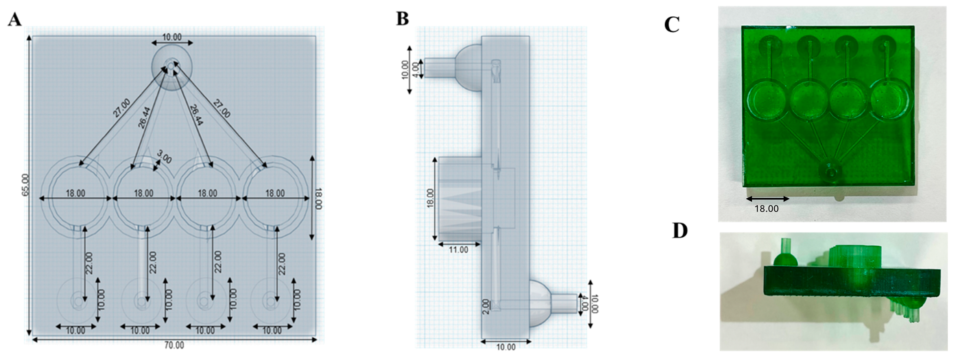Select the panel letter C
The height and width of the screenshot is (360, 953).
[672, 25]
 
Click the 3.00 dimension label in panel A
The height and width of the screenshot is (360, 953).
[164, 157]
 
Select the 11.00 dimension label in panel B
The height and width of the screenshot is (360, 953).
[458, 250]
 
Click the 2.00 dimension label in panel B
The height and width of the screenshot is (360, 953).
[486, 306]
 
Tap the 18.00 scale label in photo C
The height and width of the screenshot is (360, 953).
[767, 209]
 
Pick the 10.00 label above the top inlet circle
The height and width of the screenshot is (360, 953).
[172, 37]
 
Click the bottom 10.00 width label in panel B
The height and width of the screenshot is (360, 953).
[505, 347]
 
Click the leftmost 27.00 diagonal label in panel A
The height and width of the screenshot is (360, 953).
[122, 108]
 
